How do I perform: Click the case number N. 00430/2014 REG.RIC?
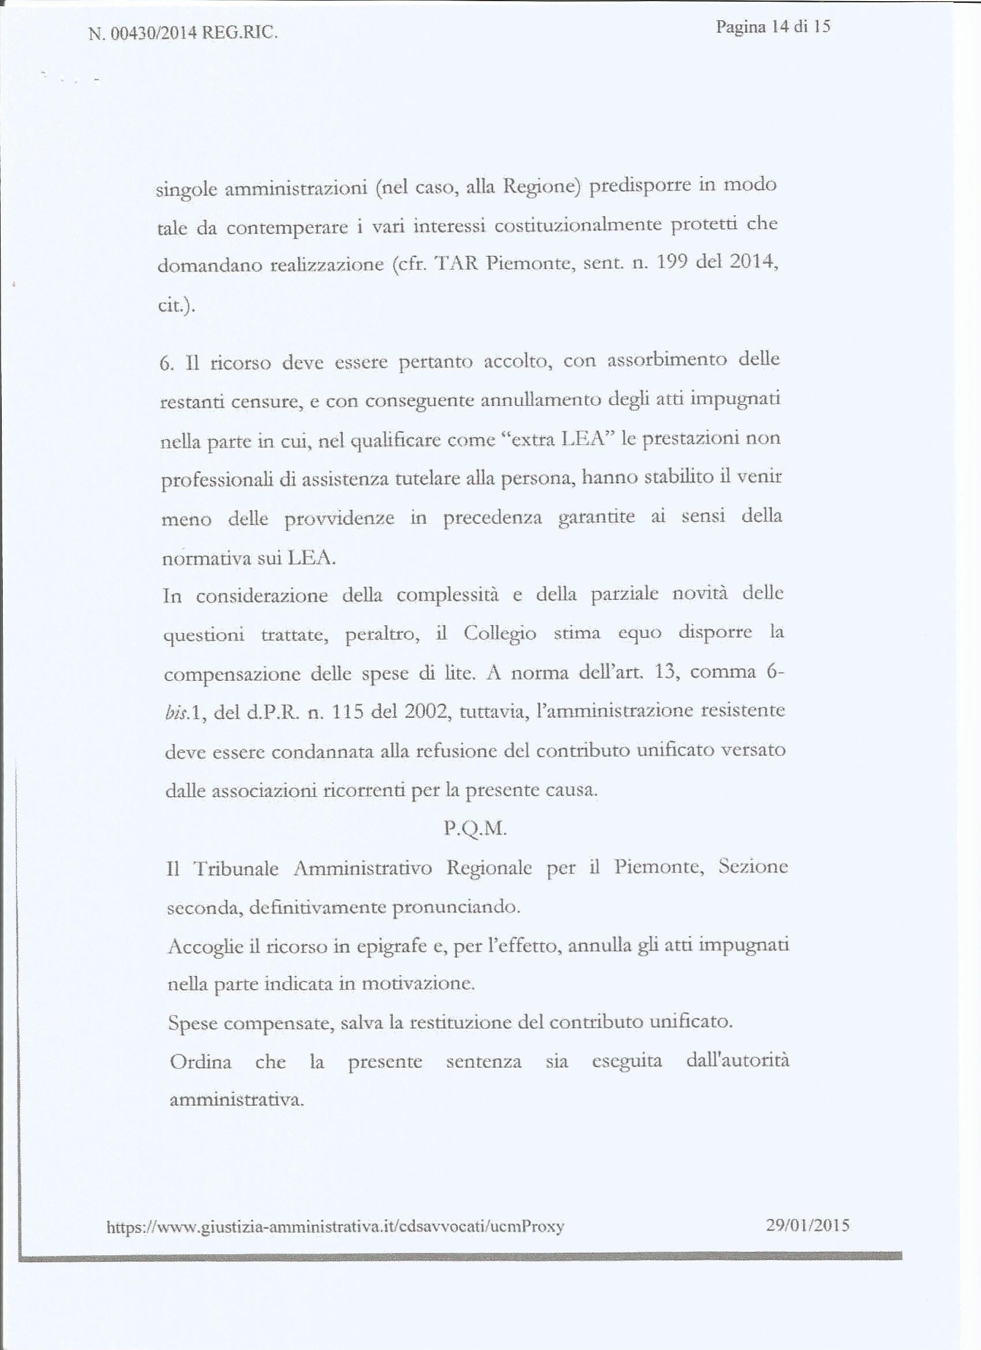182,33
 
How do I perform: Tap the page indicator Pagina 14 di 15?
773,27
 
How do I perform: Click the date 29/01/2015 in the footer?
808,1225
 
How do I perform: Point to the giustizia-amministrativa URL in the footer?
335,1226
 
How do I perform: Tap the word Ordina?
200,1062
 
